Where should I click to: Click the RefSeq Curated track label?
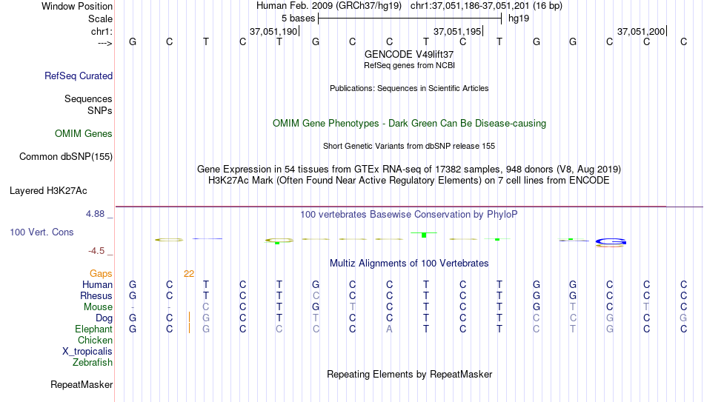79,76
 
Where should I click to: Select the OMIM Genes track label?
84,134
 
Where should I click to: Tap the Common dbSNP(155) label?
66,157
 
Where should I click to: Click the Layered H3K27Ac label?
48,191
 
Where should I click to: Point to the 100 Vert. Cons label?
41,232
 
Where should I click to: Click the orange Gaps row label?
101,274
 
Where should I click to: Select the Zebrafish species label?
93,362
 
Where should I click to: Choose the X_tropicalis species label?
87,352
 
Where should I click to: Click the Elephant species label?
93,329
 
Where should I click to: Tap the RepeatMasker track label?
82,384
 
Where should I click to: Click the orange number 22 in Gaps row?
189,274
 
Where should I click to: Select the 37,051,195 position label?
457,31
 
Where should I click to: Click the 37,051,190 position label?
273,31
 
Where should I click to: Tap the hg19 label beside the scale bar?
519,19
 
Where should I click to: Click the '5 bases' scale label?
298,19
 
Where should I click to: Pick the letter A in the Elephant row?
389,329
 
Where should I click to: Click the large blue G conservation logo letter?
611,242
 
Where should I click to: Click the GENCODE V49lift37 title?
409,54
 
